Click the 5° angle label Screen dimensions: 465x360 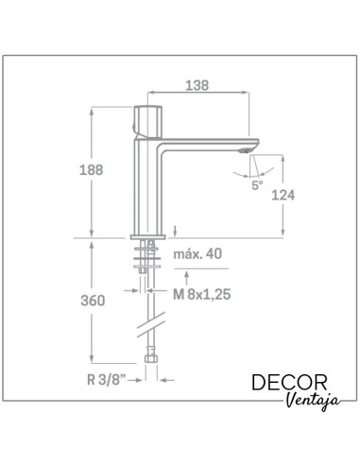pyautogui.click(x=258, y=184)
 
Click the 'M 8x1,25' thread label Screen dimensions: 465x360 pyautogui.click(x=203, y=294)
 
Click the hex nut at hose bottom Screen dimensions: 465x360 pyautogui.click(x=147, y=359)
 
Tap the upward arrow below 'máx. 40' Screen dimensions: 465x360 pyautogui.click(x=188, y=277)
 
